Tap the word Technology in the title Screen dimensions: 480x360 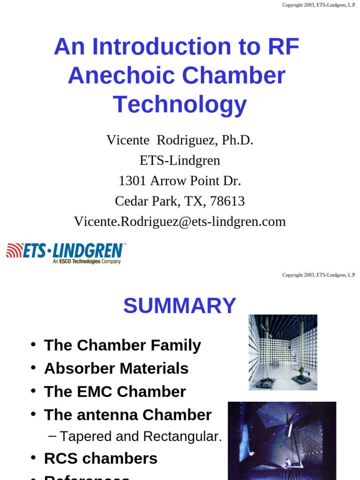click(x=180, y=104)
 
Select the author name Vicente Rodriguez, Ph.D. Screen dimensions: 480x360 click(x=180, y=140)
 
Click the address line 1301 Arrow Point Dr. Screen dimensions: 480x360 click(x=180, y=180)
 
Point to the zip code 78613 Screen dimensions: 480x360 click(x=227, y=201)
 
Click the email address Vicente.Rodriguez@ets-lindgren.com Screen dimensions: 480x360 click(x=180, y=221)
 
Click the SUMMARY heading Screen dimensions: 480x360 click(x=180, y=306)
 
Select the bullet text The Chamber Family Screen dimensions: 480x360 click(x=122, y=345)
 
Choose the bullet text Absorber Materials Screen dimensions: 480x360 click(x=116, y=368)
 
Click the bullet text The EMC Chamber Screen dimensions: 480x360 click(x=115, y=391)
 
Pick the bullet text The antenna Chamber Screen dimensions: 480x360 click(x=128, y=415)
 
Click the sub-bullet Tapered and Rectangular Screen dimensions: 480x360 click(x=141, y=436)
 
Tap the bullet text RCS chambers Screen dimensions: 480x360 click(x=101, y=458)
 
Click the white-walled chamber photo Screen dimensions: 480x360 click(x=283, y=352)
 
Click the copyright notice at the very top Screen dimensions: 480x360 click(x=319, y=5)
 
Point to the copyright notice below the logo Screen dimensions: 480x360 click(x=319, y=275)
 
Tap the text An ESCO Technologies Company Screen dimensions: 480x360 click(x=87, y=262)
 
